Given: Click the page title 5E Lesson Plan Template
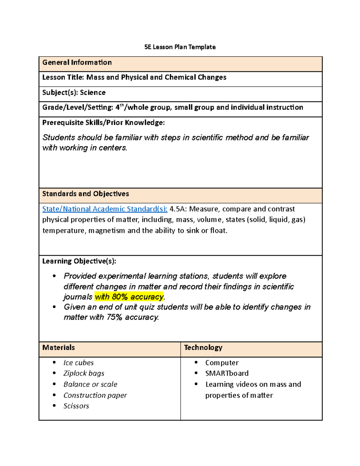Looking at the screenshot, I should (180, 47).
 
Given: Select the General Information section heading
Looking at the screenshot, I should (77, 62).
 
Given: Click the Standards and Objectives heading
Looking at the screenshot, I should (85, 194).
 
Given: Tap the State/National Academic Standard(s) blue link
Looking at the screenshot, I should (105, 209).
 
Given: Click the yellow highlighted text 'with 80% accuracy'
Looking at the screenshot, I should (129, 297).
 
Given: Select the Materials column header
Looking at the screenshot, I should (58, 347).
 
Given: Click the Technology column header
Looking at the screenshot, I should (203, 347).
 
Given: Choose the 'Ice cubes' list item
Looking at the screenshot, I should (79, 363).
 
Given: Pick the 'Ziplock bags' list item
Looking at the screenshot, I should (84, 373).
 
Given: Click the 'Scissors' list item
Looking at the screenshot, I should (76, 406).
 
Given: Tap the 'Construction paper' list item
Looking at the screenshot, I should (95, 395).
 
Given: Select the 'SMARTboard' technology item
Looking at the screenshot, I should (227, 373).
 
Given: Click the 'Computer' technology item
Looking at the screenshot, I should (222, 363).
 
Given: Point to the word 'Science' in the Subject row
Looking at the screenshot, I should (93, 92).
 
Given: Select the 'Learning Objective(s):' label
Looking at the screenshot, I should (79, 261).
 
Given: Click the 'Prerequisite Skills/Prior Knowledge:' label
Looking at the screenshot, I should (103, 122).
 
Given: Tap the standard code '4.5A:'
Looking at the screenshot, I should (178, 209).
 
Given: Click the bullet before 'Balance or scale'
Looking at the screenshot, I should (54, 384).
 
